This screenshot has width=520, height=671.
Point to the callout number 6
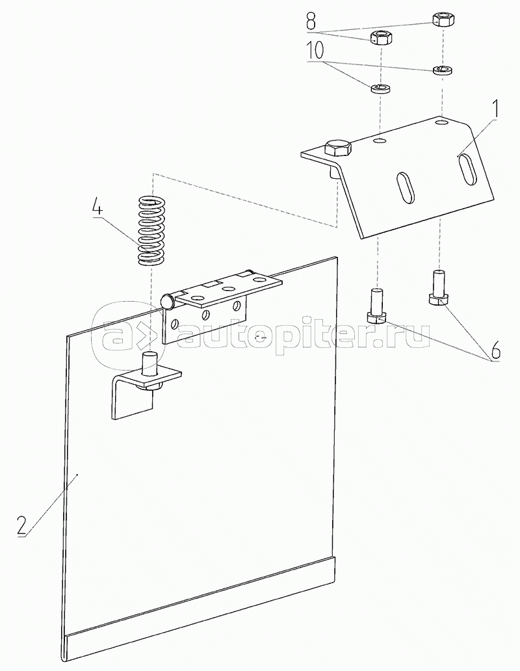point(495,352)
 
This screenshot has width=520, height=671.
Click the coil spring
point(152,231)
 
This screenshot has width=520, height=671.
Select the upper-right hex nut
point(441,18)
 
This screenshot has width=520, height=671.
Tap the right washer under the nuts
point(443,70)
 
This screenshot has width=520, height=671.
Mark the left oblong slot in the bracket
point(404,188)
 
